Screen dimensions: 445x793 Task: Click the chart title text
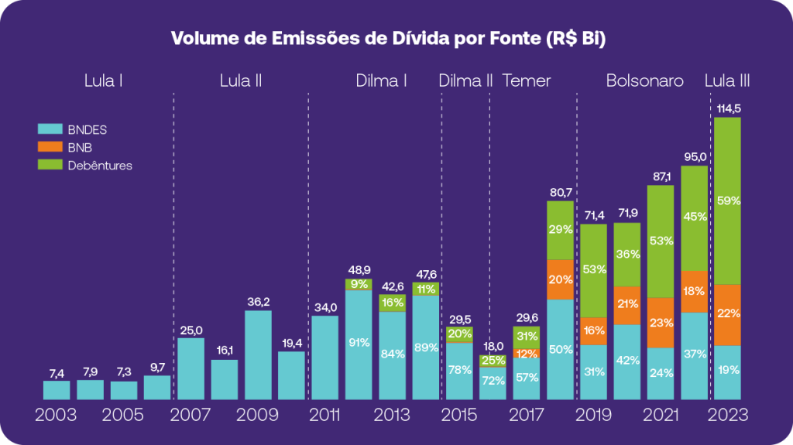coord(387,38)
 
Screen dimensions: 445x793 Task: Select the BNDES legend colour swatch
coord(50,129)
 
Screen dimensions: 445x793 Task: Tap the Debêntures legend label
coord(100,165)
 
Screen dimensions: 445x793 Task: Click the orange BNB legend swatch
coord(50,147)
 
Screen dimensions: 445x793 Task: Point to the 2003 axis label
coord(56,415)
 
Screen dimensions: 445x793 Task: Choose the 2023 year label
coord(727,415)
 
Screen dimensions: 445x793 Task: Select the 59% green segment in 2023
coord(727,200)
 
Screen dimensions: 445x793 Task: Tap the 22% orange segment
coord(727,314)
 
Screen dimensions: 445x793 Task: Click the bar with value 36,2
coord(258,354)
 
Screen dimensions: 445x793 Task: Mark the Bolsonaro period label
coord(644,80)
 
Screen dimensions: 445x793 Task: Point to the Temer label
coord(527,80)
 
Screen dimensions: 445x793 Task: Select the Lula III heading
coord(727,80)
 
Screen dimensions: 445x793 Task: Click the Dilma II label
coord(465,80)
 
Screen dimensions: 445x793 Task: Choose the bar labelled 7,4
coord(57,389)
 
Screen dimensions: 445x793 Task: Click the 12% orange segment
coord(527,354)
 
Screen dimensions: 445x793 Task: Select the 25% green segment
coord(493,361)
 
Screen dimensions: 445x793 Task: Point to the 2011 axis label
coord(324,415)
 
